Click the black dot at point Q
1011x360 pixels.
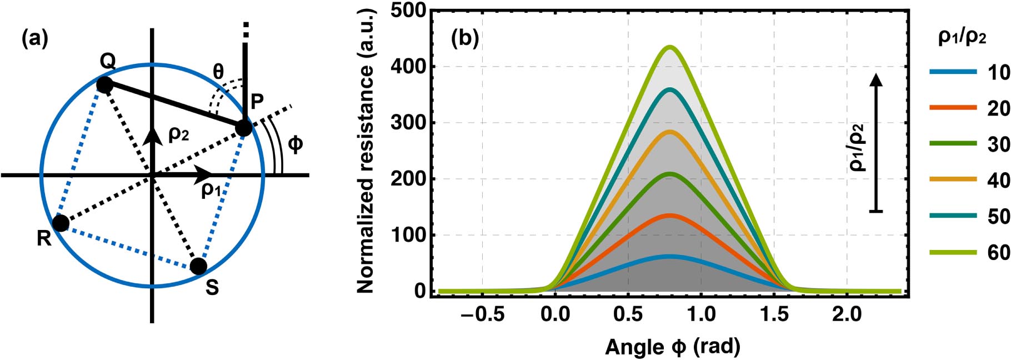pyautogui.click(x=104, y=85)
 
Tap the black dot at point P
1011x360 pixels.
pyautogui.click(x=243, y=128)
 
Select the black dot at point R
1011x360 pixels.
pyautogui.click(x=60, y=223)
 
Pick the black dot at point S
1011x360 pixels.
pyautogui.click(x=198, y=266)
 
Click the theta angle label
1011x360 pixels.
pyautogui.click(x=218, y=71)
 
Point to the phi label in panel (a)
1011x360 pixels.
pyautogui.click(x=296, y=144)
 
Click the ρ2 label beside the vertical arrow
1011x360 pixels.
pyautogui.click(x=178, y=134)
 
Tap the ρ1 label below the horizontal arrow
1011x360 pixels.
pyautogui.click(x=211, y=191)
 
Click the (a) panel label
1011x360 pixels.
pyautogui.click(x=34, y=39)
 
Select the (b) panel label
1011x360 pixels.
pyautogui.click(x=464, y=39)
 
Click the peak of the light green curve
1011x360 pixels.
pyautogui.click(x=670, y=47)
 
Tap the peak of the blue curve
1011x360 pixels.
pyautogui.click(x=670, y=257)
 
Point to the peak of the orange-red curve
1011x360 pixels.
pyautogui.click(x=670, y=215)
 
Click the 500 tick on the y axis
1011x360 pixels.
pyautogui.click(x=408, y=11)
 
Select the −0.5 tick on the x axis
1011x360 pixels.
pyautogui.click(x=482, y=314)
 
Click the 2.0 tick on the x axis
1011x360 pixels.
pyautogui.click(x=847, y=314)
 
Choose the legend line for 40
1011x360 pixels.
pyautogui.click(x=953, y=179)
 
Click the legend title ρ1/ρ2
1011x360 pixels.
pyautogui.click(x=962, y=37)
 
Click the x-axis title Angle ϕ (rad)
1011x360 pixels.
pyautogui.click(x=672, y=347)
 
